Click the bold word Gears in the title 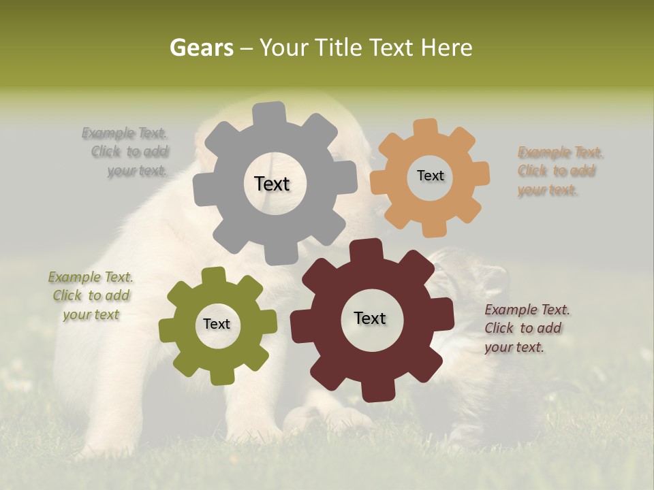(x=201, y=48)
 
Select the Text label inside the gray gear (x=272, y=184)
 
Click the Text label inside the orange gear (x=430, y=176)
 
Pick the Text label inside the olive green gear (x=217, y=324)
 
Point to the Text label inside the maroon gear (x=370, y=318)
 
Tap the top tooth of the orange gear (x=425, y=128)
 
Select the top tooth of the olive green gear (x=214, y=276)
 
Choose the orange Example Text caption (x=560, y=171)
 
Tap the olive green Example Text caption (x=91, y=295)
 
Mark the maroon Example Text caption (x=527, y=328)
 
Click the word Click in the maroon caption (x=499, y=328)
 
